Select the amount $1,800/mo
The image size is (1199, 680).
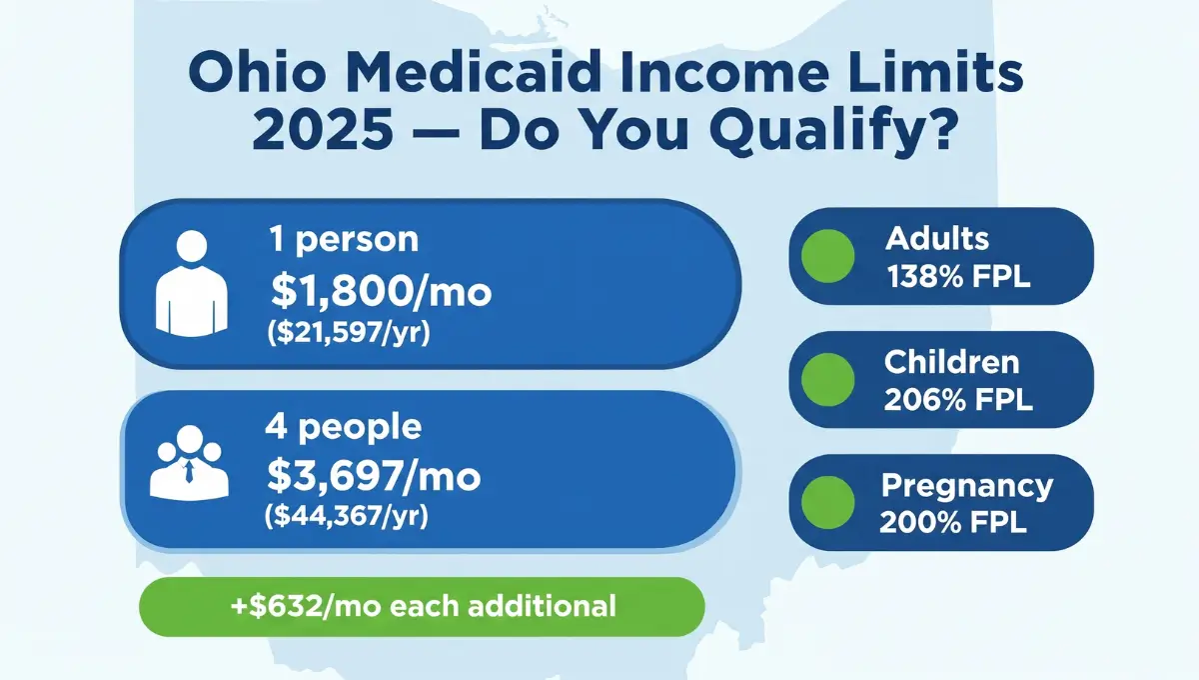(x=382, y=291)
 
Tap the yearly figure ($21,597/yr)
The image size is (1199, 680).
(x=349, y=334)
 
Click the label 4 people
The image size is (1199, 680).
(x=343, y=427)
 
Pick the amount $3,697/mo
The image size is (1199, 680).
(x=374, y=477)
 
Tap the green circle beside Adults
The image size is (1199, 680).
(x=827, y=255)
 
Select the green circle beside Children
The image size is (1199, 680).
(x=827, y=379)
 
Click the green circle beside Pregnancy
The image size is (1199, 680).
(x=827, y=502)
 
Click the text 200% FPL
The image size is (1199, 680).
(x=953, y=523)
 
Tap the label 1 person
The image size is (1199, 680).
(x=343, y=240)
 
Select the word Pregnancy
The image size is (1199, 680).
(x=966, y=486)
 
